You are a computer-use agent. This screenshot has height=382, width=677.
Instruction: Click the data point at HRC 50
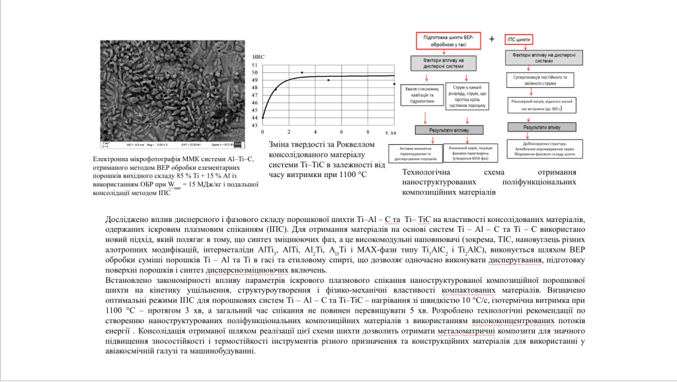[x=302, y=73]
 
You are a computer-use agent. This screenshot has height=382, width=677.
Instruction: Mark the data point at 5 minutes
[x=329, y=80]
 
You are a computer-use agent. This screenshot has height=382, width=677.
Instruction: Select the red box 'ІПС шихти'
[x=520, y=40]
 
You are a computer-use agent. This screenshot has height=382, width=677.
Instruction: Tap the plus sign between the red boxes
[x=492, y=39]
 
